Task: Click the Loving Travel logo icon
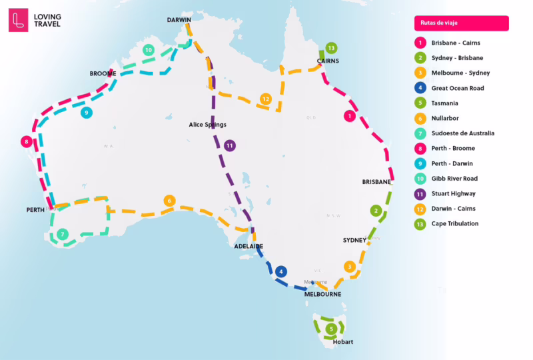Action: pyautogui.click(x=19, y=20)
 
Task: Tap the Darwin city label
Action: pyautogui.click(x=179, y=20)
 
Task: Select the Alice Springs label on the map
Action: pyautogui.click(x=208, y=125)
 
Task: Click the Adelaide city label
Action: pyautogui.click(x=249, y=246)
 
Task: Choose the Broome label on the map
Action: pyautogui.click(x=104, y=74)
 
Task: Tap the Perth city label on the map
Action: pyautogui.click(x=35, y=210)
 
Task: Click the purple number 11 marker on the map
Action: pyautogui.click(x=230, y=145)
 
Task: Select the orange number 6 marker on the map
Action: pyautogui.click(x=169, y=201)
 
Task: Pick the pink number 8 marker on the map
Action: pyautogui.click(x=26, y=141)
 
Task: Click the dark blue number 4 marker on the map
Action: pyautogui.click(x=282, y=271)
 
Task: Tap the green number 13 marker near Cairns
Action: pyautogui.click(x=331, y=48)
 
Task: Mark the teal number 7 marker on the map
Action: pyautogui.click(x=62, y=234)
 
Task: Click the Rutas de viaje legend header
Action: pyautogui.click(x=461, y=23)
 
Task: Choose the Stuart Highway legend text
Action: pyautogui.click(x=453, y=194)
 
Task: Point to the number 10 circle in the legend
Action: pyautogui.click(x=420, y=179)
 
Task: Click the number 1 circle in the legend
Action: pyautogui.click(x=420, y=43)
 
